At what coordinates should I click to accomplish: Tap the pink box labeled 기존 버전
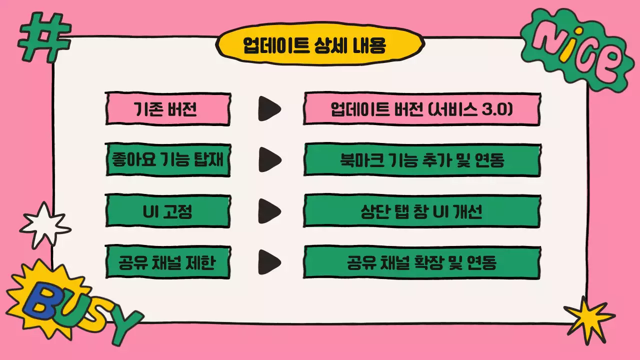pos(167,108)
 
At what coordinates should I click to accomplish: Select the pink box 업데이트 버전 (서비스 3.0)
pos(422,108)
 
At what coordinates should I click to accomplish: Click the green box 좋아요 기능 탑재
pos(167,160)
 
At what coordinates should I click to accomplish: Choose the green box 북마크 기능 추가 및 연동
pos(422,160)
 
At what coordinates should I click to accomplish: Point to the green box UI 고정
pos(167,211)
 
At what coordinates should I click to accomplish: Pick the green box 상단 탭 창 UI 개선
pos(422,211)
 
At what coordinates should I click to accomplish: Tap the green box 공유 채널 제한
pos(167,262)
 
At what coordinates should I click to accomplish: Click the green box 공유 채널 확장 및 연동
pos(422,262)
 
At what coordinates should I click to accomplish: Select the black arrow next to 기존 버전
pos(268,108)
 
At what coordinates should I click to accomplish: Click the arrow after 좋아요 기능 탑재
pos(268,160)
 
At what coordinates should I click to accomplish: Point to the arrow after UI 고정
pos(268,211)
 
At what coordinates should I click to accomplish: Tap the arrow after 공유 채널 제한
pos(268,262)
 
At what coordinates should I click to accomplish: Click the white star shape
pos(44,225)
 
